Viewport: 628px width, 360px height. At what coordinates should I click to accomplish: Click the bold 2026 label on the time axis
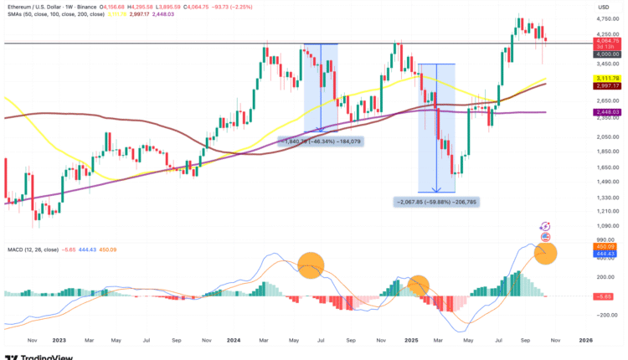[x=586, y=341]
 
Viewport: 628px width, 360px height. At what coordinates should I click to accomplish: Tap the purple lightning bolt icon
[x=546, y=225]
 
